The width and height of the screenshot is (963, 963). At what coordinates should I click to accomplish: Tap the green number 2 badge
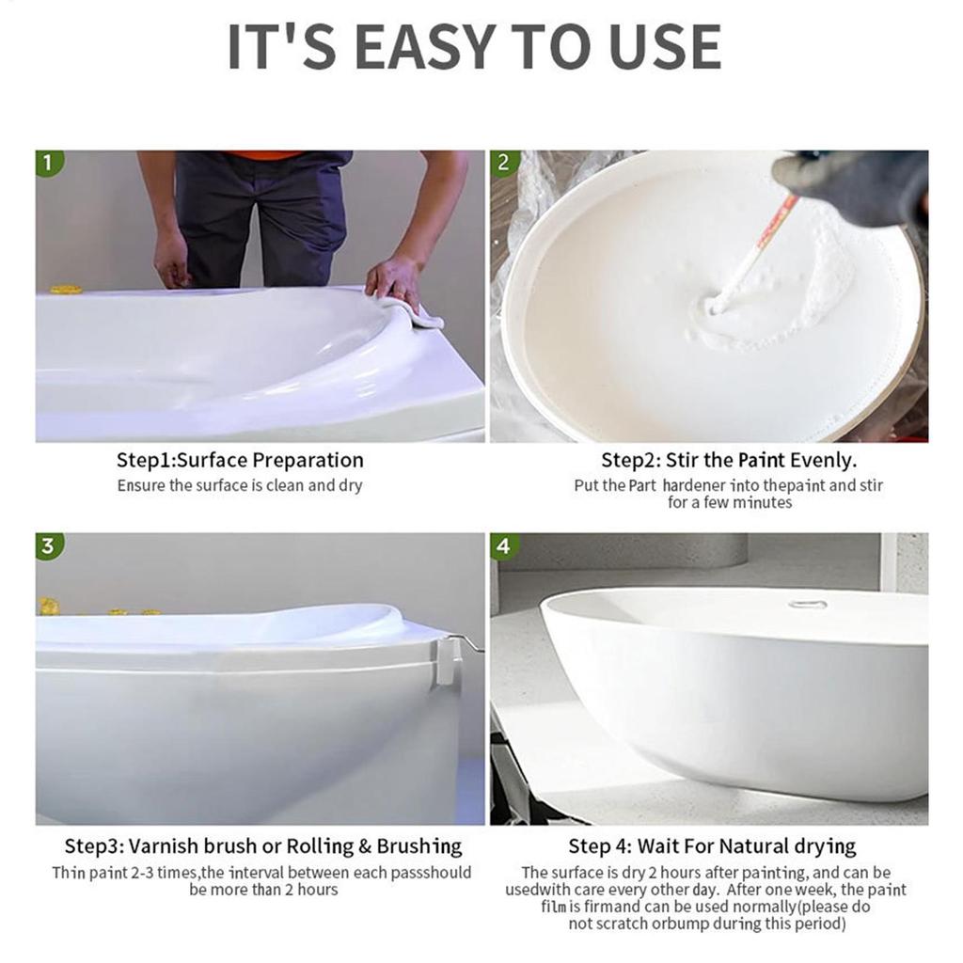point(504,164)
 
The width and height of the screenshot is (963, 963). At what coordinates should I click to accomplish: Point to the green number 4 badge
point(504,546)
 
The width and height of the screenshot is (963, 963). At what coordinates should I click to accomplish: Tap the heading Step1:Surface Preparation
point(240,460)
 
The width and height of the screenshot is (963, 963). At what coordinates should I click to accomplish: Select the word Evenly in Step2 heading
point(824,460)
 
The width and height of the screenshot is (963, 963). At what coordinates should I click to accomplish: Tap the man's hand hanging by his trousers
point(172,259)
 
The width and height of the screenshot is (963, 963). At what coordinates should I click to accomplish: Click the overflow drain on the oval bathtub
point(808,604)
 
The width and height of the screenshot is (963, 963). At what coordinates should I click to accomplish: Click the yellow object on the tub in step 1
point(66,290)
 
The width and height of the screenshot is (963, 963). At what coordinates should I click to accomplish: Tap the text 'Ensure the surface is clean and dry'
point(240,486)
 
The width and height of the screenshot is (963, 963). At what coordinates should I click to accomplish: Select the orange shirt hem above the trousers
point(263,155)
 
